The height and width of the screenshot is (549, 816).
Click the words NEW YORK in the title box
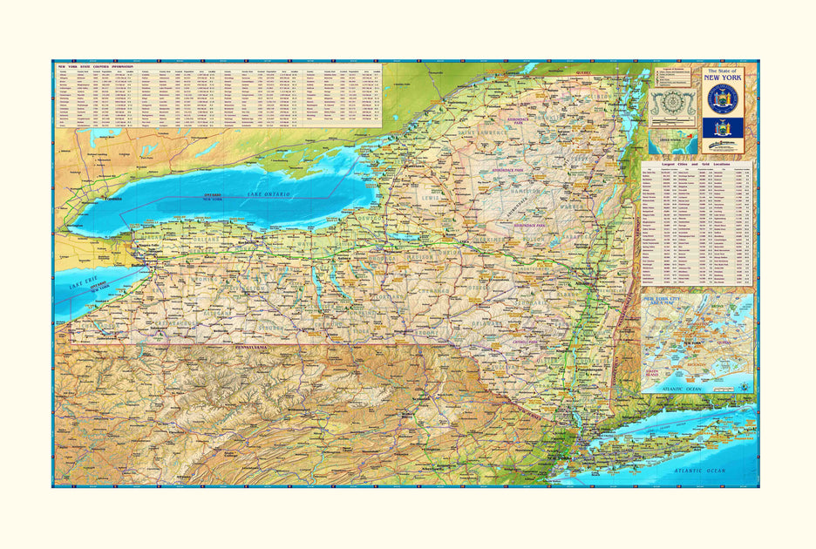(723, 77)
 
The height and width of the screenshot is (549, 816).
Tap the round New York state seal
(723, 98)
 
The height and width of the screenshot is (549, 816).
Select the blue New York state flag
(723, 128)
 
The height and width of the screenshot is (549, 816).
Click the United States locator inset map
(672, 138)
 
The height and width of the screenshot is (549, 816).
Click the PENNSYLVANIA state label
(253, 348)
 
